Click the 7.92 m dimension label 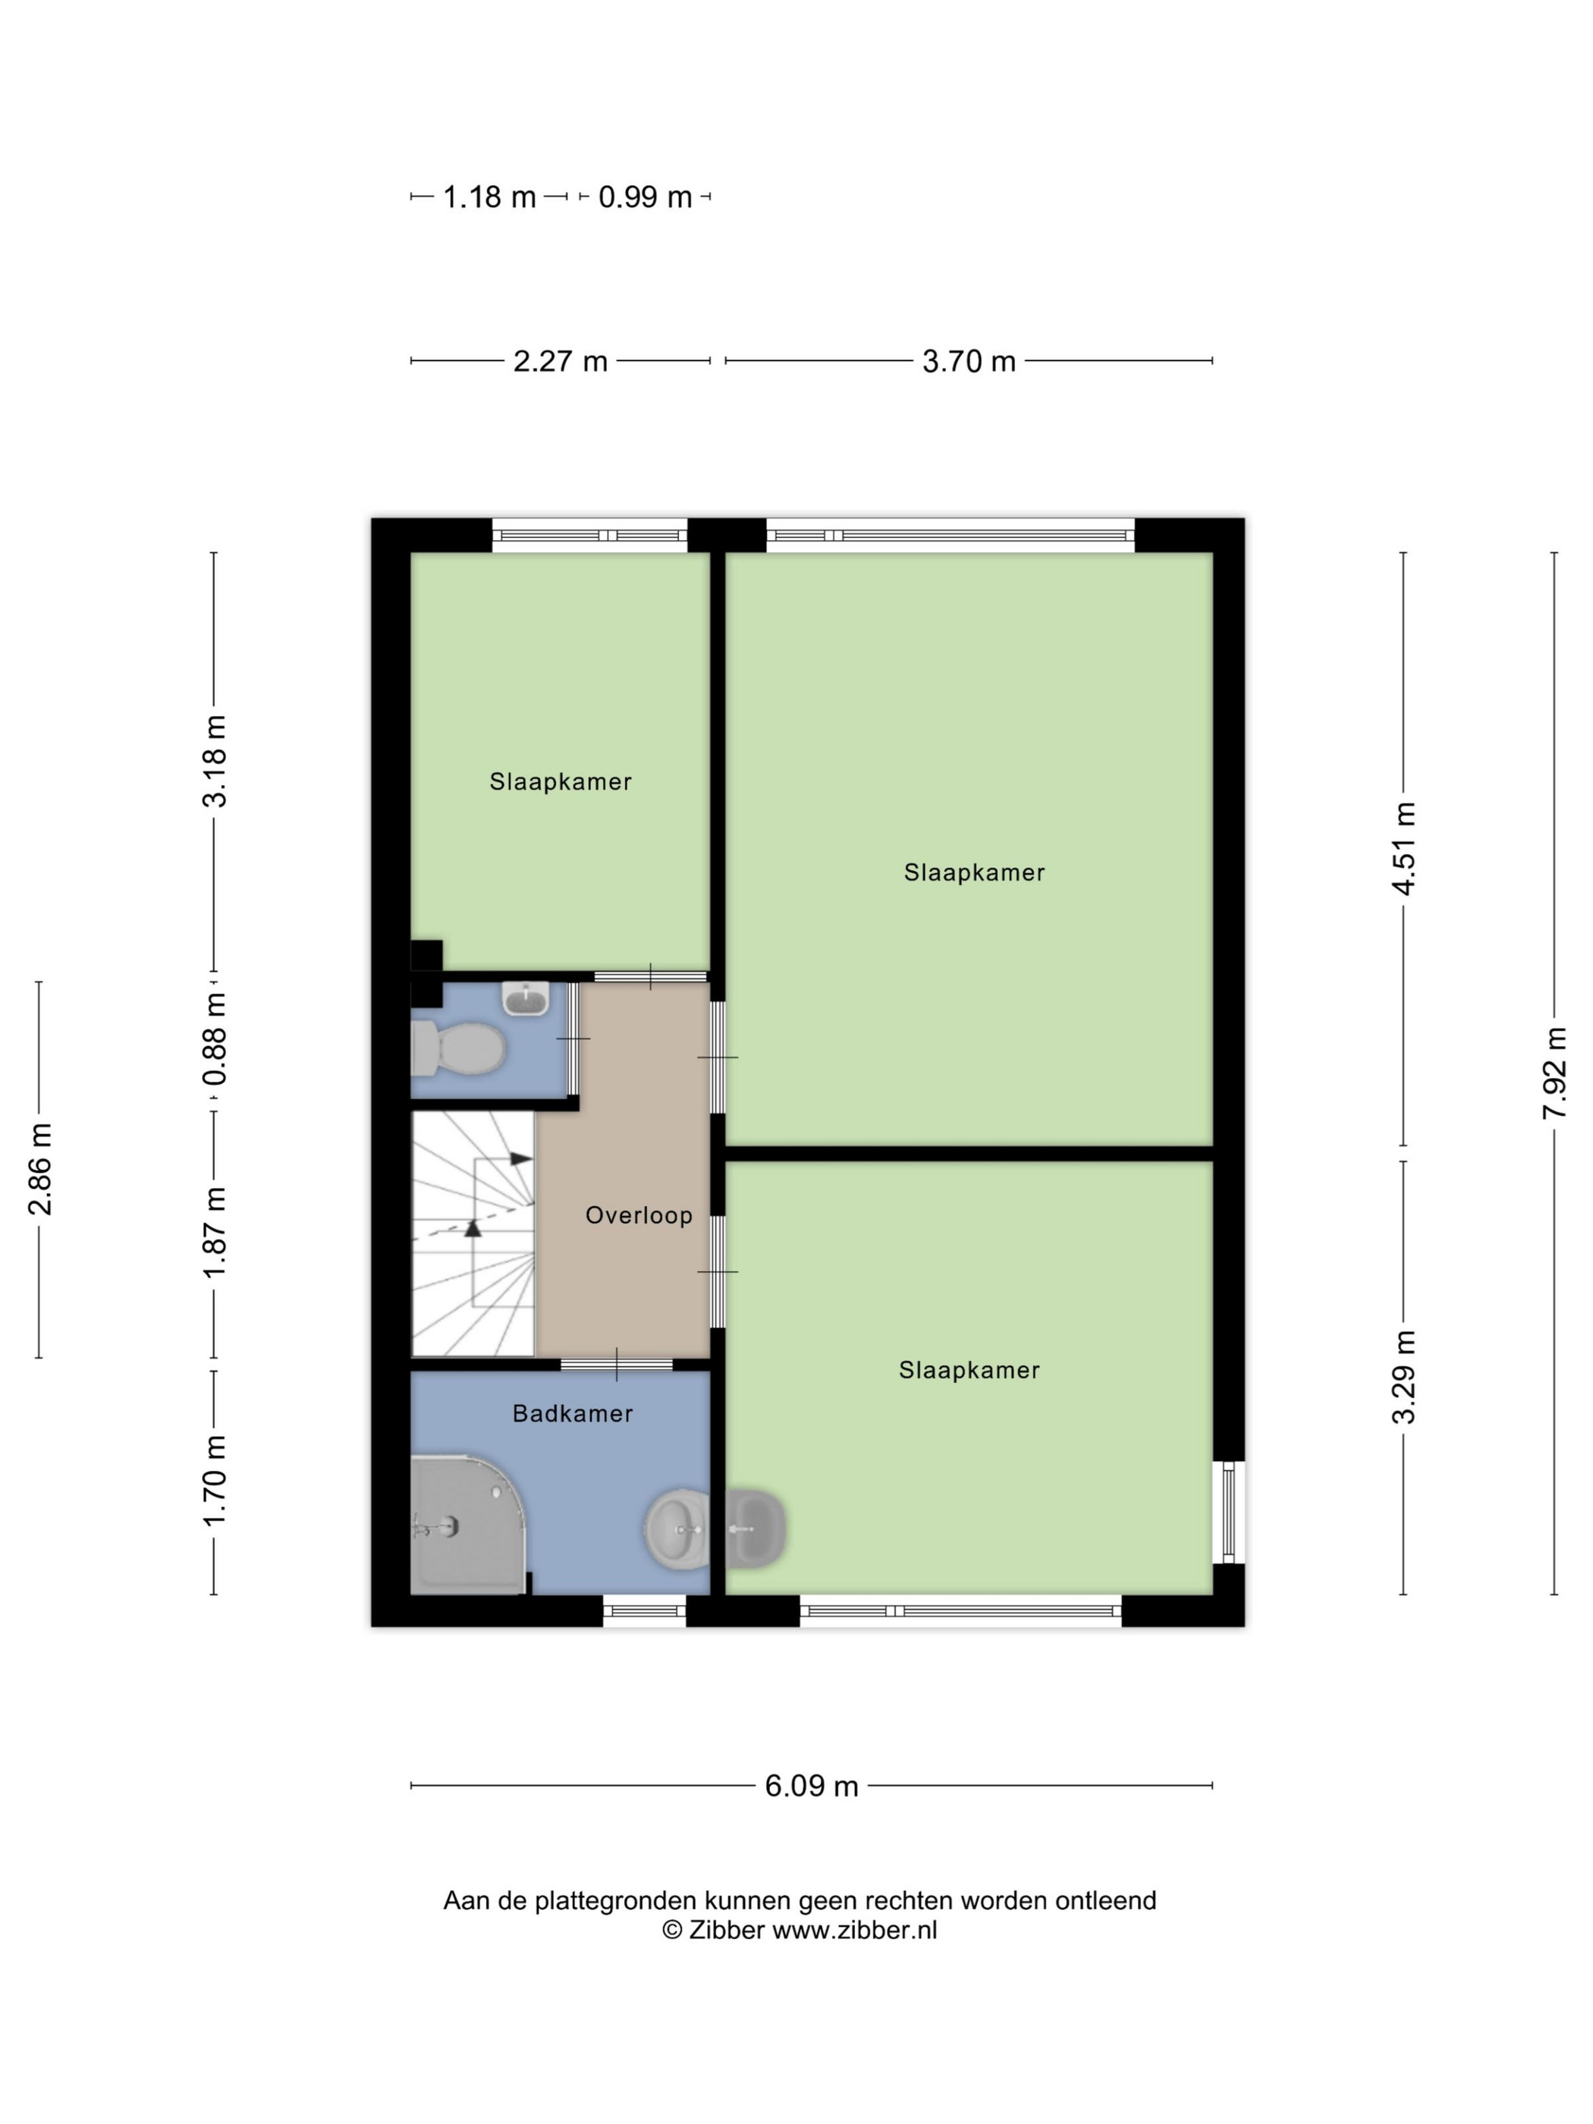(x=1554, y=1073)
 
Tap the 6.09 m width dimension (x=812, y=1786)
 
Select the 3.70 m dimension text (x=969, y=361)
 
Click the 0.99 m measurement (x=646, y=196)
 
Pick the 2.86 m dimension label (x=39, y=1169)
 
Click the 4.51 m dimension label (x=1404, y=848)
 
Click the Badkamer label (x=572, y=1413)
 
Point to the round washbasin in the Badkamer (x=676, y=1529)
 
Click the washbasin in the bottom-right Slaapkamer (x=756, y=1529)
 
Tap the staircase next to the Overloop (x=473, y=1234)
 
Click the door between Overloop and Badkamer (x=617, y=1363)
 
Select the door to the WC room (x=573, y=1039)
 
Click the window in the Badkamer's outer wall (x=644, y=1611)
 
